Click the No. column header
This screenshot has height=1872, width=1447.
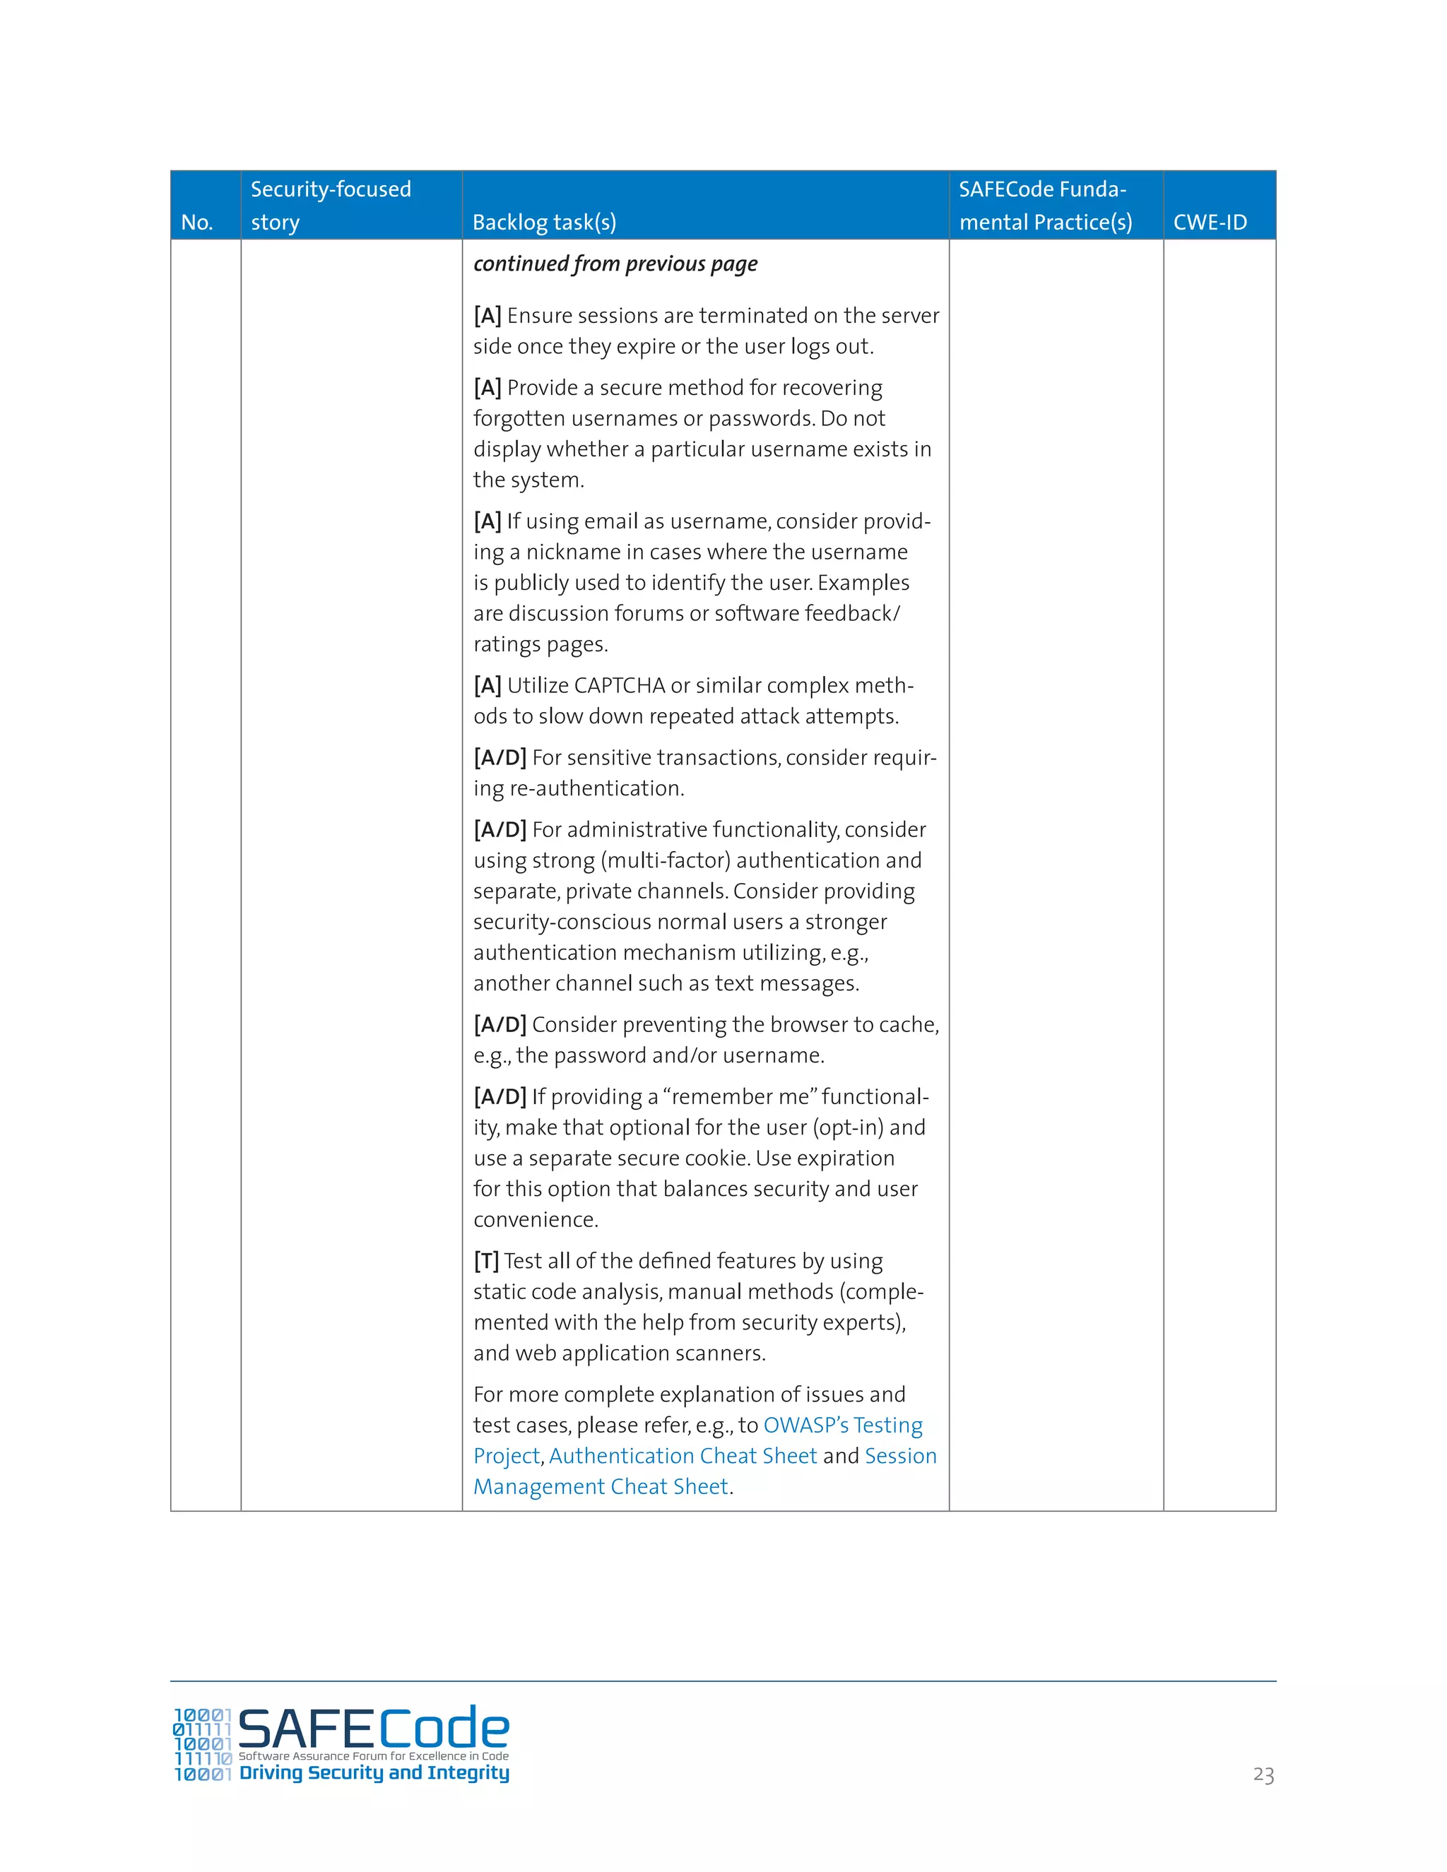point(196,223)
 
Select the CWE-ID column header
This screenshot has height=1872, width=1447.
point(1210,223)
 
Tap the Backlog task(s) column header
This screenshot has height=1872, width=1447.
point(544,223)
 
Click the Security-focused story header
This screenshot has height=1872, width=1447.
point(330,206)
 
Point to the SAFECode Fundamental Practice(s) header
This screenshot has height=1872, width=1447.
point(1045,206)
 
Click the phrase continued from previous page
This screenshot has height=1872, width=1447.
point(615,264)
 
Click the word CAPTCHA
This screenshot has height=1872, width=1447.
point(619,686)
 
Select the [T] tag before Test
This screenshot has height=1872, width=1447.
point(486,1261)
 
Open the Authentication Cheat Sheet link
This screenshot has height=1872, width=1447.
point(683,1457)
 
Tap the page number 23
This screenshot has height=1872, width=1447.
point(1263,1775)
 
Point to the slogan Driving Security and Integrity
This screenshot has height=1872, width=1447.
point(374,1772)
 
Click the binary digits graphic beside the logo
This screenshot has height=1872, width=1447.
point(202,1744)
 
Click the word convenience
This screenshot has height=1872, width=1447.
point(535,1220)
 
